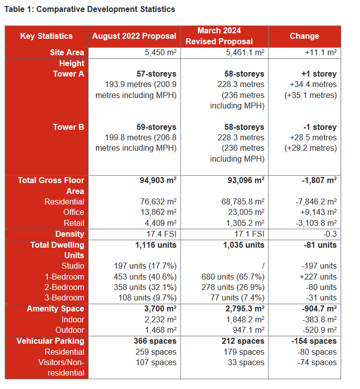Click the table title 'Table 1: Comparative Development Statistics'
pyautogui.click(x=90, y=9)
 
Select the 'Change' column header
pyautogui.click(x=304, y=36)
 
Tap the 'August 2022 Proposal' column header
pyautogui.click(x=134, y=36)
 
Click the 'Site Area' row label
pyautogui.click(x=67, y=53)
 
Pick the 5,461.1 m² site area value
pyautogui.click(x=245, y=53)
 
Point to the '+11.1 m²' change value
pyautogui.click(x=321, y=53)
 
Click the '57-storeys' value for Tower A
pyautogui.click(x=156, y=74)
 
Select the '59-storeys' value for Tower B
pyautogui.click(x=156, y=127)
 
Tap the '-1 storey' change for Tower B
pyautogui.click(x=320, y=127)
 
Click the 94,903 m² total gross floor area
pyautogui.click(x=158, y=181)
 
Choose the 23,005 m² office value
pyautogui.click(x=246, y=212)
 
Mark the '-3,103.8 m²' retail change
pyautogui.click(x=316, y=223)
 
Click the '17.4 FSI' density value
pyautogui.click(x=162, y=234)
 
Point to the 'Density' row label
pyautogui.click(x=70, y=234)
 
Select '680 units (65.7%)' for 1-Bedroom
pyautogui.click(x=233, y=277)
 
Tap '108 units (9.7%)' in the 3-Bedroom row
pyautogui.click(x=147, y=297)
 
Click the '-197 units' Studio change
pyautogui.click(x=319, y=266)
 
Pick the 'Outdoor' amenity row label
pyautogui.click(x=70, y=330)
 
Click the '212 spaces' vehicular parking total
pyautogui.click(x=243, y=341)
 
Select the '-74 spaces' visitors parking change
pyautogui.click(x=317, y=363)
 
